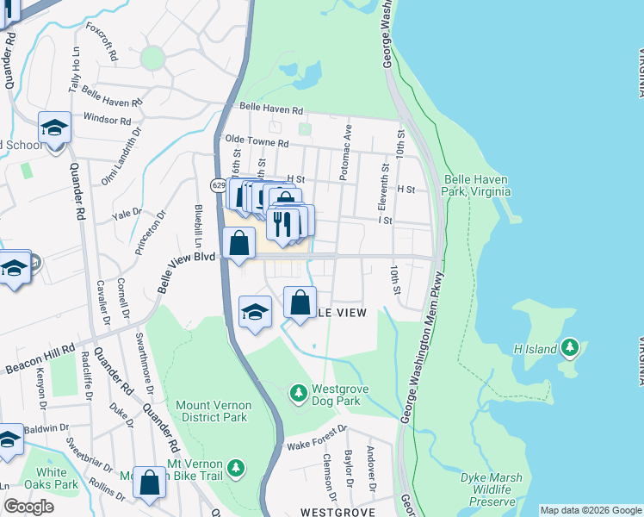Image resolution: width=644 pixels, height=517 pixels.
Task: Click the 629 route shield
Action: click(x=218, y=185)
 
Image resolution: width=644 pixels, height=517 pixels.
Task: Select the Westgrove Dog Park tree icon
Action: click(x=298, y=394)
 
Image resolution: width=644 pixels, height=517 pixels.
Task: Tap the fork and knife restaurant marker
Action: click(x=282, y=223)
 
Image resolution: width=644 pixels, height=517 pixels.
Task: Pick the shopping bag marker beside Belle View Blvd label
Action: click(x=239, y=242)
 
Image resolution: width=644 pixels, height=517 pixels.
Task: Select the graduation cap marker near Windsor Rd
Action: click(x=54, y=129)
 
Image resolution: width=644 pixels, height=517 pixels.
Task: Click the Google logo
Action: click(x=29, y=507)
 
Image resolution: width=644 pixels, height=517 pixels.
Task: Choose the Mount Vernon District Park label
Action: click(x=213, y=411)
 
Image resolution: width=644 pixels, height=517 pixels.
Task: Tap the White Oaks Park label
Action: click(x=51, y=478)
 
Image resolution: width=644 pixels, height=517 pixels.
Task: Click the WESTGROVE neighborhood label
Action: click(x=337, y=512)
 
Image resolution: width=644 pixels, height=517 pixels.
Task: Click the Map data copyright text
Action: click(x=590, y=510)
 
